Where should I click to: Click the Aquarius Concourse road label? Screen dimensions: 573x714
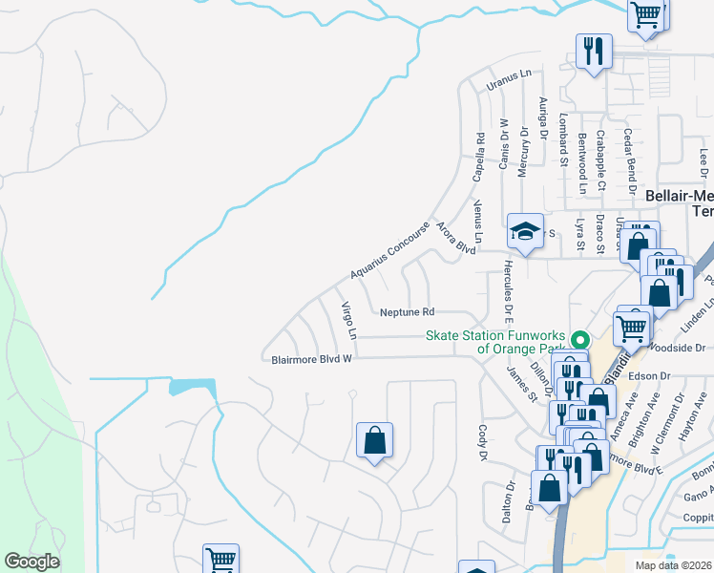(x=390, y=251)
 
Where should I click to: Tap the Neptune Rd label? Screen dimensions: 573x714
(x=407, y=312)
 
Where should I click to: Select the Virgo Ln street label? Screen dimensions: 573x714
(x=349, y=321)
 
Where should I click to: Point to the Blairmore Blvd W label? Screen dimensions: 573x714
(x=308, y=358)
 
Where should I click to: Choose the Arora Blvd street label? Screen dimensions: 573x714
(x=455, y=238)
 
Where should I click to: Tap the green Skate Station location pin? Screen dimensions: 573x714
(x=578, y=340)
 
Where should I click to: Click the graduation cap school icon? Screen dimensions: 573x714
(x=525, y=228)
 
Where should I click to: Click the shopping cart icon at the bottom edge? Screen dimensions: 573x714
(x=220, y=560)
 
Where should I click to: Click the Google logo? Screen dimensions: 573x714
(x=31, y=562)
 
